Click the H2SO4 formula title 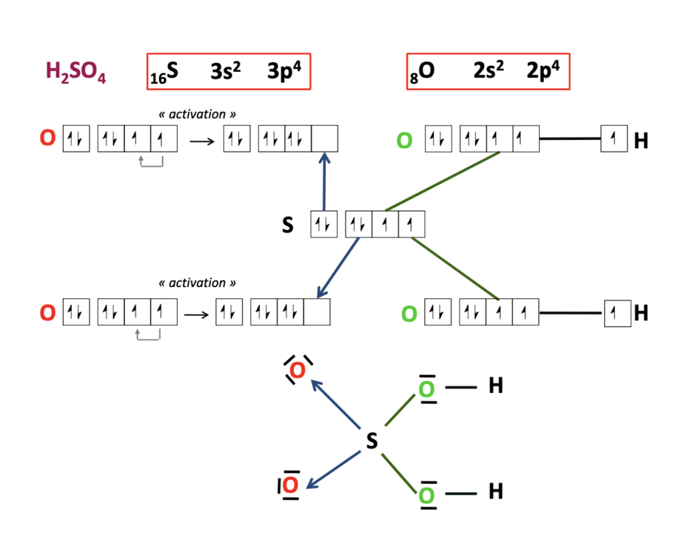(x=76, y=73)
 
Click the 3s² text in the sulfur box (x=226, y=71)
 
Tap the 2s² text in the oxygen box (x=489, y=71)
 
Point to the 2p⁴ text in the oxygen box (x=543, y=71)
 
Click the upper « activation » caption (x=198, y=115)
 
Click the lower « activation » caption (x=198, y=283)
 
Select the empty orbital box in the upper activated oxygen (x=325, y=139)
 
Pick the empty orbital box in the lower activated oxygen (x=317, y=312)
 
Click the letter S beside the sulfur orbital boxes (x=288, y=225)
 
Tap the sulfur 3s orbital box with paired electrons (x=323, y=225)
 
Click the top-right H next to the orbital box (x=640, y=140)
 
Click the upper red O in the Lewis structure (x=298, y=370)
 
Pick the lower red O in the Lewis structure (x=290, y=485)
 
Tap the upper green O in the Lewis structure (x=426, y=389)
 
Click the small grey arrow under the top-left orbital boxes (x=151, y=164)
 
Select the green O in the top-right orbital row (x=404, y=140)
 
